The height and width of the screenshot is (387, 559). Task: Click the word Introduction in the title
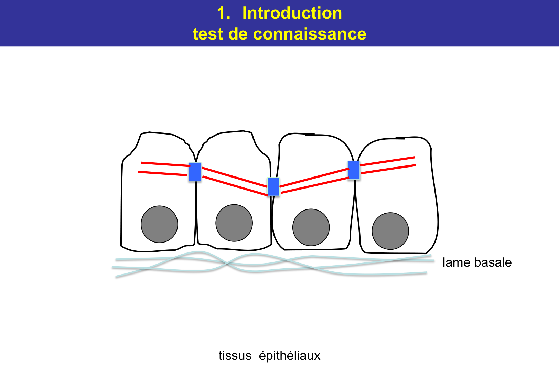click(292, 13)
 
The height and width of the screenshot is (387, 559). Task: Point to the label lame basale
click(477, 262)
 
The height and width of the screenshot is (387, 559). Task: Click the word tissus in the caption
click(235, 355)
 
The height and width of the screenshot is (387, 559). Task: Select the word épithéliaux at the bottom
click(289, 355)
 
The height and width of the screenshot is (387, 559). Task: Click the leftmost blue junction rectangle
click(195, 172)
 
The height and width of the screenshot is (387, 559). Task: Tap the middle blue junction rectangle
click(273, 187)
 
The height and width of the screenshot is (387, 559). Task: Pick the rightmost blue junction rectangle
click(354, 170)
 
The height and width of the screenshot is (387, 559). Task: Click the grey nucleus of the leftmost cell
click(159, 224)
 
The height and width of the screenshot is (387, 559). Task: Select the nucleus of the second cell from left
click(234, 223)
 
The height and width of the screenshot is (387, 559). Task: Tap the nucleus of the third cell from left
click(311, 227)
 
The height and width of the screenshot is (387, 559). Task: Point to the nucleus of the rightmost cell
click(390, 231)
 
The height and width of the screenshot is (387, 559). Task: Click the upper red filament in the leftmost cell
click(165, 164)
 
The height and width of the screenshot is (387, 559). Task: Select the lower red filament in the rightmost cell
click(389, 169)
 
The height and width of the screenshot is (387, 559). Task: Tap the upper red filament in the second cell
click(234, 177)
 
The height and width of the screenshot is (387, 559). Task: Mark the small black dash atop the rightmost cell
click(400, 138)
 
